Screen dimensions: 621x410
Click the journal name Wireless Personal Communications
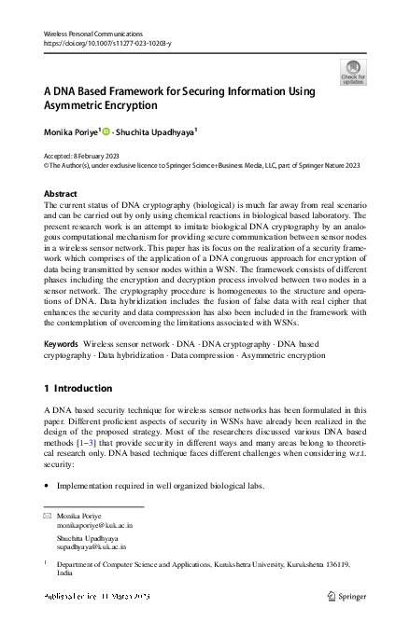click(89, 33)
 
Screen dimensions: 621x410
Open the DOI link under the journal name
click(108, 43)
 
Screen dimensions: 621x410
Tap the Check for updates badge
click(353, 73)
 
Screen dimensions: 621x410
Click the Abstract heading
click(61, 194)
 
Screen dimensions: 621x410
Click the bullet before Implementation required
click(47, 487)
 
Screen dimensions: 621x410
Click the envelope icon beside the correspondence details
click(48, 516)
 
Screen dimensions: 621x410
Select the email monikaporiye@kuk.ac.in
click(90, 526)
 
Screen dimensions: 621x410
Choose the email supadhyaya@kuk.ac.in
click(91, 549)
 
